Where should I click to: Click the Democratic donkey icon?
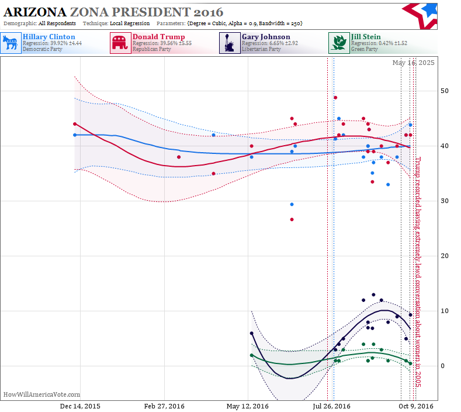pyautogui.click(x=11, y=43)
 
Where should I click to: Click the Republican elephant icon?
pyautogui.click(x=120, y=43)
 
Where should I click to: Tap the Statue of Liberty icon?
pyautogui.click(x=230, y=43)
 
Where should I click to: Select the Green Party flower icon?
pyautogui.click(x=339, y=43)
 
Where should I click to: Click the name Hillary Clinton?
pyautogui.click(x=49, y=37)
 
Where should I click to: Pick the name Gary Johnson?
pyautogui.click(x=266, y=37)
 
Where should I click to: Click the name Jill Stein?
pyautogui.click(x=366, y=37)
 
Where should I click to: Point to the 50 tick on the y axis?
pyautogui.click(x=445, y=91)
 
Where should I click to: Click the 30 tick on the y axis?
pyautogui.click(x=445, y=201)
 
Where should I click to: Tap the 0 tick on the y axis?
pyautogui.click(x=442, y=366)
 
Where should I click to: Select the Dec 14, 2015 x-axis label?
pyautogui.click(x=80, y=406)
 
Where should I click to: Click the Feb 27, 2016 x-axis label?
pyautogui.click(x=164, y=406)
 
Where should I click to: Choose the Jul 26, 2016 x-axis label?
pyautogui.click(x=331, y=406)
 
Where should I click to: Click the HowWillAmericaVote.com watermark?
pyautogui.click(x=41, y=394)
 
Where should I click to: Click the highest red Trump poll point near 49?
pyautogui.click(x=335, y=98)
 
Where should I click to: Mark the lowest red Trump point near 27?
pyautogui.click(x=292, y=219)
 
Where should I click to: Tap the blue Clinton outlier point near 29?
pyautogui.click(x=292, y=204)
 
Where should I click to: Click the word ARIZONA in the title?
pyautogui.click(x=35, y=12)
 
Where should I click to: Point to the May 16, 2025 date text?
pyautogui.click(x=413, y=63)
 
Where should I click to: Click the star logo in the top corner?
pyautogui.click(x=421, y=16)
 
